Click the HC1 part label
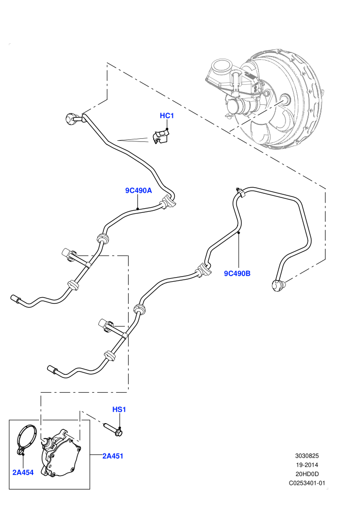coord(167,116)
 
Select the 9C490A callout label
coord(139,191)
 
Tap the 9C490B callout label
coord(237,274)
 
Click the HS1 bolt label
coord(119,410)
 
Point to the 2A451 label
coord(113,456)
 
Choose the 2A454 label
coord(23,472)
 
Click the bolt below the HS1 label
coord(113,429)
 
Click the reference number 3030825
coord(307,456)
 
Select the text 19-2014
coord(307,465)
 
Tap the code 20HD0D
coord(307,474)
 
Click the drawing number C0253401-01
coord(307,483)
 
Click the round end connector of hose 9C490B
coord(278,286)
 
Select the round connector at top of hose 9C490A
coord(70,118)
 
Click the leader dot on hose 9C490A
coord(138,209)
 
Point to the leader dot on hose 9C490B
coord(238,232)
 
